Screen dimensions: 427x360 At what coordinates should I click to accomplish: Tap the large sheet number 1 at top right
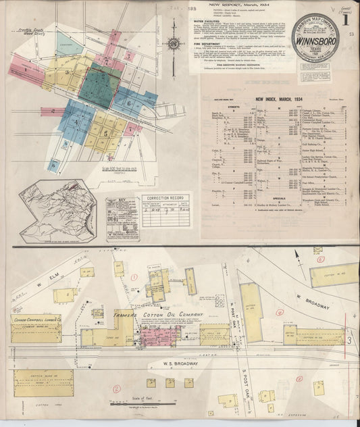pos(345,19)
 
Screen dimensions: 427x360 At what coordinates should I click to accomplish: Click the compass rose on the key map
pos(174,45)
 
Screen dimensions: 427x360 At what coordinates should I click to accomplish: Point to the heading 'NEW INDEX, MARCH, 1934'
pos(278,99)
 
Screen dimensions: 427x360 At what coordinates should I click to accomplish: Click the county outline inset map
pos(57,210)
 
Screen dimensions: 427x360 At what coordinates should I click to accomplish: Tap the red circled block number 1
pos(134,276)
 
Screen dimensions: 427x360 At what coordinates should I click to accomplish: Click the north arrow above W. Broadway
pos(297,256)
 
